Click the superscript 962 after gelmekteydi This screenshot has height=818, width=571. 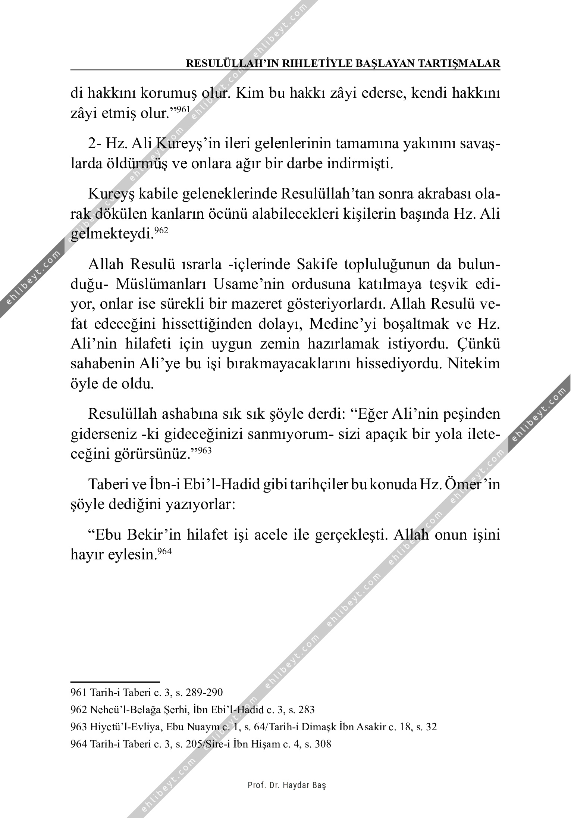(161, 231)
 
